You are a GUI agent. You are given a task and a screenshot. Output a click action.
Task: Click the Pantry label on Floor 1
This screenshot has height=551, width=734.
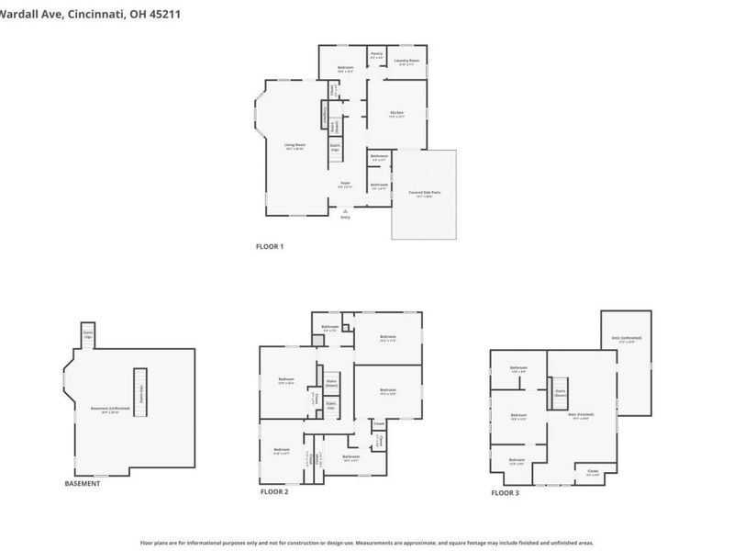(376, 55)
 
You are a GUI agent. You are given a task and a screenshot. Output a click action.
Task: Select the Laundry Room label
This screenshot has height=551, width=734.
(406, 62)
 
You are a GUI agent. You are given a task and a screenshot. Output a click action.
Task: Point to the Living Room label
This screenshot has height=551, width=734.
(294, 146)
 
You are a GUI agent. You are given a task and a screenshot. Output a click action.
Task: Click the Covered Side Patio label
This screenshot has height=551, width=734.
(424, 194)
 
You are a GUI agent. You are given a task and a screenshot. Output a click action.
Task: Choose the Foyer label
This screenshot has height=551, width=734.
(345, 184)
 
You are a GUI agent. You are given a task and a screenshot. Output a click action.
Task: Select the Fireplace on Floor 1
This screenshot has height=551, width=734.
(324, 115)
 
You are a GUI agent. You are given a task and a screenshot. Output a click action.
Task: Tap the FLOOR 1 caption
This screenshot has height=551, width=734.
(270, 246)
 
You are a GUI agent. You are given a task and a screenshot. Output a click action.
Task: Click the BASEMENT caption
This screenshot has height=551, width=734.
(83, 483)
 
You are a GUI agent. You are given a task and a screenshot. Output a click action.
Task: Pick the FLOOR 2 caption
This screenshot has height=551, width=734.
(273, 492)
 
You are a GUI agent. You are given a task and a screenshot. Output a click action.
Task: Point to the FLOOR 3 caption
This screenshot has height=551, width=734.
(505, 492)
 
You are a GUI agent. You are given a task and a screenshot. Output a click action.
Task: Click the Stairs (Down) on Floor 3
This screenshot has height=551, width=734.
(561, 393)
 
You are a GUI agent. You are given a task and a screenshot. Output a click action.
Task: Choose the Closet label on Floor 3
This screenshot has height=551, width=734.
(594, 473)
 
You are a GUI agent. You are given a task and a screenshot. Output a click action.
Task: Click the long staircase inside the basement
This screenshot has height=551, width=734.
(140, 393)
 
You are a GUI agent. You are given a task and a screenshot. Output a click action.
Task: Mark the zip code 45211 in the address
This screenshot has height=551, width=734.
(173, 11)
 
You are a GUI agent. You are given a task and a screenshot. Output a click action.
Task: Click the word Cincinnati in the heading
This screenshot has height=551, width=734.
(104, 11)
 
